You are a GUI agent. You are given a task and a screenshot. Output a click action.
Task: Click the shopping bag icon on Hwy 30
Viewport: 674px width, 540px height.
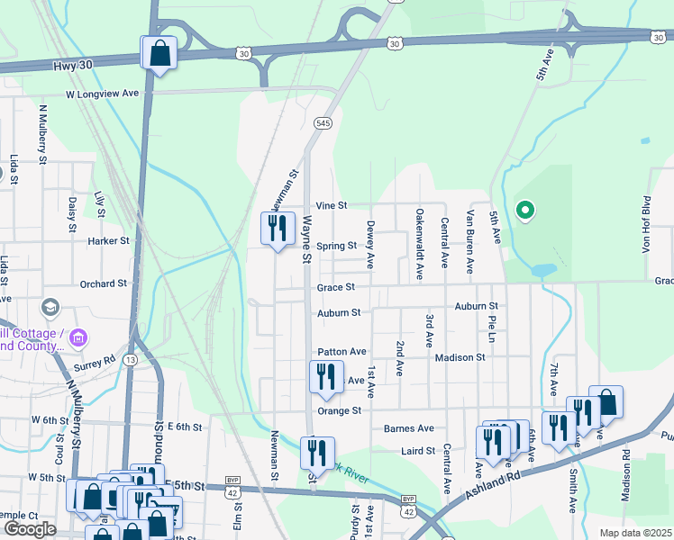(159, 53)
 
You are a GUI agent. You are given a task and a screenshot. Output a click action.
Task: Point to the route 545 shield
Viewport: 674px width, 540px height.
(323, 122)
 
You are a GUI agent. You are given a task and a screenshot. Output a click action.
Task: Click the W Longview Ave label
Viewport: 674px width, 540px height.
(103, 93)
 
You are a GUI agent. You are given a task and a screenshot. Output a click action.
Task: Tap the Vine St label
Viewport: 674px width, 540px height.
(332, 206)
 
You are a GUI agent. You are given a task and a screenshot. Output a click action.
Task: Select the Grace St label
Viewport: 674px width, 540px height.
(335, 288)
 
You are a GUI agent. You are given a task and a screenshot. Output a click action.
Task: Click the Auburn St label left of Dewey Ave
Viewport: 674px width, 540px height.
(338, 313)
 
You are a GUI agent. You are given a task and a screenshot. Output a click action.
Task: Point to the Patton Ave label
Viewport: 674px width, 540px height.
(342, 351)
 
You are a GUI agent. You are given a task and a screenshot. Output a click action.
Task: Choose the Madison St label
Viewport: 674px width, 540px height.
(460, 357)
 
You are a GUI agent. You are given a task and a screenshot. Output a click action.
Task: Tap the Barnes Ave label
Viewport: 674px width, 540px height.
(409, 428)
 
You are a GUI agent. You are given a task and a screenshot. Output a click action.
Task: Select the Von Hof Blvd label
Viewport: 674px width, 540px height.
(646, 224)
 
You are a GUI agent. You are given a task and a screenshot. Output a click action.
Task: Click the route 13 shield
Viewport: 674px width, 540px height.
(132, 360)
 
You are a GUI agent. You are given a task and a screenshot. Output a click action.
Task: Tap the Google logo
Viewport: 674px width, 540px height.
(30, 529)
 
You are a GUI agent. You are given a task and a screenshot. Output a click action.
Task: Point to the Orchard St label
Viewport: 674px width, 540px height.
(103, 283)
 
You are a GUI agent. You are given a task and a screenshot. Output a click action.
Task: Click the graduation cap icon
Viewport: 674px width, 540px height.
(50, 308)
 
